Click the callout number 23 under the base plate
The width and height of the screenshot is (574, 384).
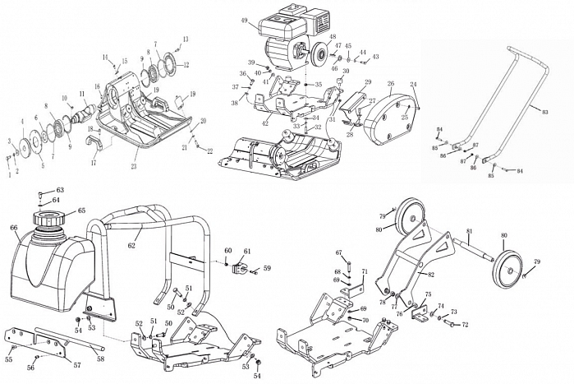click(x=135, y=167)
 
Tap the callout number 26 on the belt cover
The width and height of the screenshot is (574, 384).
click(x=391, y=83)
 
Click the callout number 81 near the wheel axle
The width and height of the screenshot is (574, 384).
click(x=470, y=231)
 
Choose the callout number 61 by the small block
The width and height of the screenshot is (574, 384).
click(x=247, y=251)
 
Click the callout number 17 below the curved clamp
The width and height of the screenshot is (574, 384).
click(x=93, y=162)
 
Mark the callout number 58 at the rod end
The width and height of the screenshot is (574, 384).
click(x=100, y=359)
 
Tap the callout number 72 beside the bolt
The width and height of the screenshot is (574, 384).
click(x=464, y=325)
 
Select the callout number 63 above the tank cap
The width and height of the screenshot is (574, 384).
click(x=59, y=190)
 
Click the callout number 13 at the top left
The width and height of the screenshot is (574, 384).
click(x=185, y=39)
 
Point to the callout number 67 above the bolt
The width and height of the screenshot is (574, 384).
click(x=338, y=252)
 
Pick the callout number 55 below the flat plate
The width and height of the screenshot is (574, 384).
click(x=8, y=359)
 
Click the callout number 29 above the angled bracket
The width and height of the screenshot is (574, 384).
click(x=368, y=81)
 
